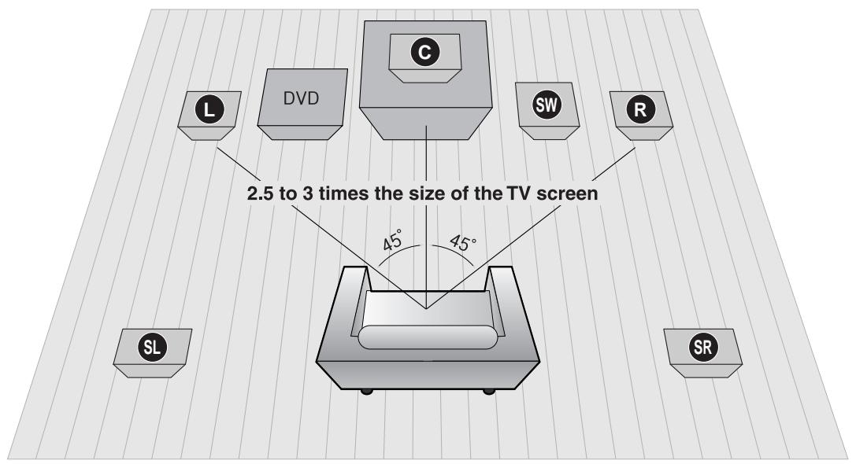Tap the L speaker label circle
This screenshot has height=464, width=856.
[x=209, y=111]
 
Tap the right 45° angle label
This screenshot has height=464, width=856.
[x=462, y=241]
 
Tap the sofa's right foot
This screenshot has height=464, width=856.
[x=489, y=391]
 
